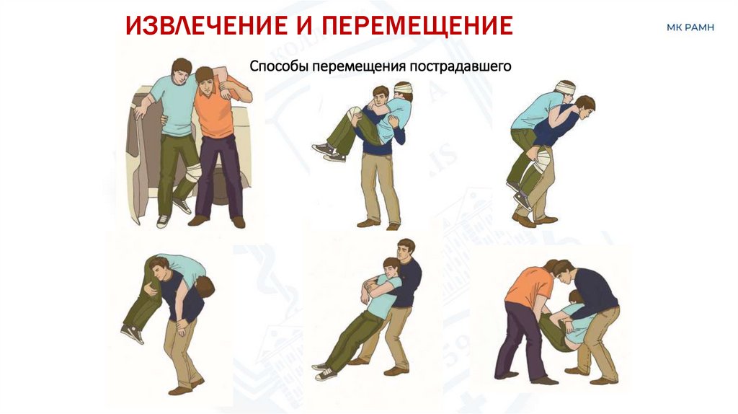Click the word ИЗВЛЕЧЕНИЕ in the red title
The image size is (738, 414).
(x=207, y=25)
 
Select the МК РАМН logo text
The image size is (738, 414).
(x=690, y=28)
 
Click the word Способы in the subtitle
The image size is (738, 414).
(x=278, y=66)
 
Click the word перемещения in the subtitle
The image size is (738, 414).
(x=357, y=66)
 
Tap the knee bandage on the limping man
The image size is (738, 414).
(x=192, y=173)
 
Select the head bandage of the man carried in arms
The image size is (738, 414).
(x=403, y=87)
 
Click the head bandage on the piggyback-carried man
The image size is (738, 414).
(x=565, y=87)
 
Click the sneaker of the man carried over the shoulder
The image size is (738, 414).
(x=133, y=333)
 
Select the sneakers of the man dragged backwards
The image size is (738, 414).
(x=326, y=370)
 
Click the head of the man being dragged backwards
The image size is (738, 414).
(x=391, y=269)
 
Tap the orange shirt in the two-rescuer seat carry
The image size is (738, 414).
(x=528, y=286)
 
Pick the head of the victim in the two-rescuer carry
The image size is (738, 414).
(x=575, y=298)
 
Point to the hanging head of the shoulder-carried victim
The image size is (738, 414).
(x=204, y=287)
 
